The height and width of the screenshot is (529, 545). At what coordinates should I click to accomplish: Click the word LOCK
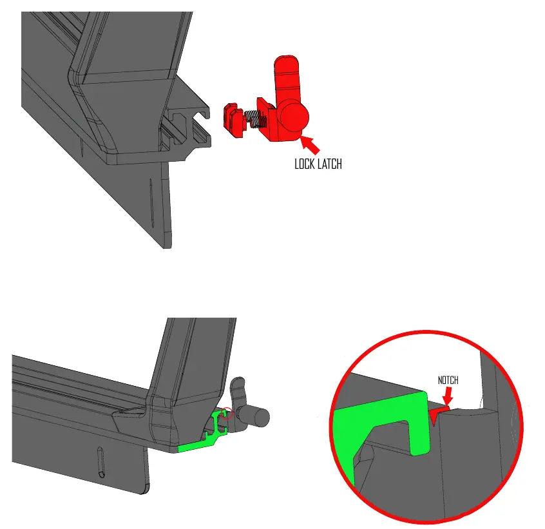[x=305, y=164]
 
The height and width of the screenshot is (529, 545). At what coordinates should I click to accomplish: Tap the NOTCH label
[x=448, y=380]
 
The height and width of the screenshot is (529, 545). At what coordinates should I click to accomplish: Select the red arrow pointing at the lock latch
[x=311, y=145]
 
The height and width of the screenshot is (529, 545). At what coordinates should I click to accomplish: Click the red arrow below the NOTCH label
[x=448, y=396]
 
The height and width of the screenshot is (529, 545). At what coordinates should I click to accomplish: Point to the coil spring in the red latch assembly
[x=255, y=120]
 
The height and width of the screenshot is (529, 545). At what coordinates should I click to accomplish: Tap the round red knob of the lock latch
[x=294, y=117]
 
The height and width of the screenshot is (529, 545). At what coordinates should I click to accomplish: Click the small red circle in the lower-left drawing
[x=227, y=413]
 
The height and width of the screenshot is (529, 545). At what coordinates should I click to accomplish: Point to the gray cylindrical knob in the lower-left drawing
[x=260, y=418]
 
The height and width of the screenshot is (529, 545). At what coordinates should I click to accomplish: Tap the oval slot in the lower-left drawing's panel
[x=100, y=462]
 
